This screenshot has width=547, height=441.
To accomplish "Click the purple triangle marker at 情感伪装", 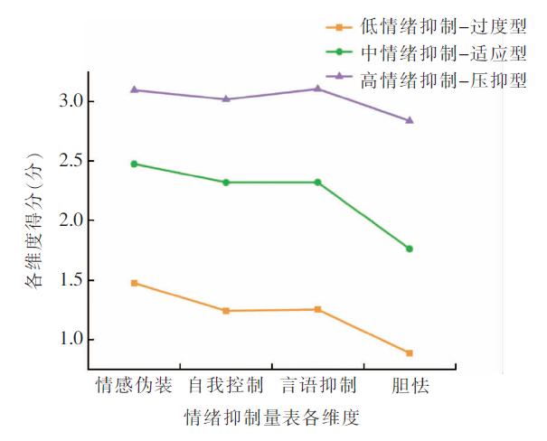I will [135, 89].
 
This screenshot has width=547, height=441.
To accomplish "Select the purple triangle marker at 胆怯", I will [410, 120].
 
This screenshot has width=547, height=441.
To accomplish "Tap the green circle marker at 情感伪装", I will [135, 164].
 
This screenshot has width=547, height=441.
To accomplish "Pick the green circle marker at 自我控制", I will [226, 183].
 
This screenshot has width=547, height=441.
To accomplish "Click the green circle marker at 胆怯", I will [410, 249].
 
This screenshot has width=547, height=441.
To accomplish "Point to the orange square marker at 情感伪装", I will [135, 283].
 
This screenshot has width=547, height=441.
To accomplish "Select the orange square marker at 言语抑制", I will [317, 309].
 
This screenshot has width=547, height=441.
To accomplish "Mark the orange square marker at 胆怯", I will [410, 352].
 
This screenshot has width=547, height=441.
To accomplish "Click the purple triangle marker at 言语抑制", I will [317, 89].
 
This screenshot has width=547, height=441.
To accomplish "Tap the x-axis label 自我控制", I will [226, 386].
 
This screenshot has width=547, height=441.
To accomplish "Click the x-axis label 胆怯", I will [410, 386].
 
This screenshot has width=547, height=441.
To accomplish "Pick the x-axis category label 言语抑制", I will [317, 386].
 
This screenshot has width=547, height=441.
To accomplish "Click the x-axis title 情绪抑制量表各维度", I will [272, 418].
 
